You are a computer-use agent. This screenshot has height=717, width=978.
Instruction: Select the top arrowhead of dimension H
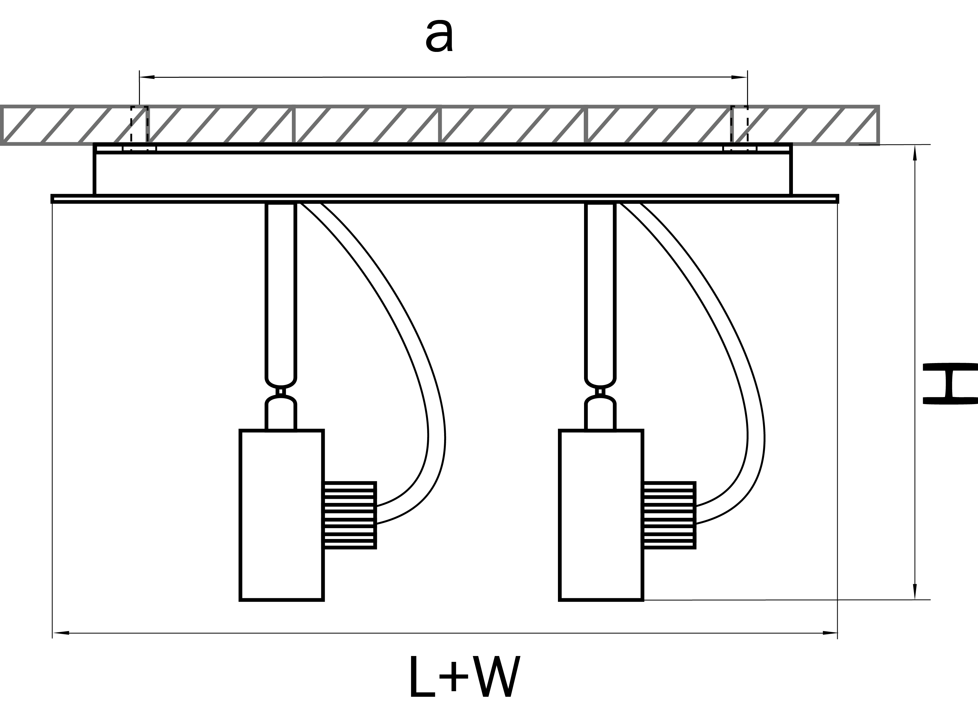[915, 153]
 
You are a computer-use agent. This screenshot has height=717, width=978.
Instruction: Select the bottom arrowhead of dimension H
[915, 591]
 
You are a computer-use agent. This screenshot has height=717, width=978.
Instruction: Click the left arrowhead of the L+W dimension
[61, 633]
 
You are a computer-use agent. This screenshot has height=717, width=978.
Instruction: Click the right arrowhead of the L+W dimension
[830, 633]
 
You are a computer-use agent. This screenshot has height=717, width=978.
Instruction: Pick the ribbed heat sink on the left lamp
[349, 515]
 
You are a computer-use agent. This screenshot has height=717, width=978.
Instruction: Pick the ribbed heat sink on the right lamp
[669, 515]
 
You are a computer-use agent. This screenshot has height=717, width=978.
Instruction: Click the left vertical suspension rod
[281, 291]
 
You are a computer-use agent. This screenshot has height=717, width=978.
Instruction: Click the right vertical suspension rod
[601, 291]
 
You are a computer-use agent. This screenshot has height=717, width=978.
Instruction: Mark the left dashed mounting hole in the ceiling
[139, 128]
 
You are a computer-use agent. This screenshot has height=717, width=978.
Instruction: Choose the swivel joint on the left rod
[281, 391]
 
